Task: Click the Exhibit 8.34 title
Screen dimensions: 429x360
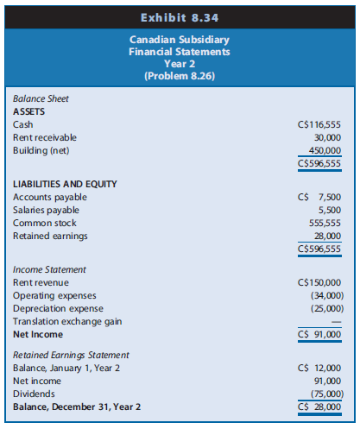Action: click(x=180, y=16)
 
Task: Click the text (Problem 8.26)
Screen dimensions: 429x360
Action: click(x=180, y=75)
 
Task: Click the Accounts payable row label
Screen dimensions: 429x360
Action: click(x=50, y=198)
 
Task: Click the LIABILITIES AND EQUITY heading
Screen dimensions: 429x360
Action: click(x=66, y=185)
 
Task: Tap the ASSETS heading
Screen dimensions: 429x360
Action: click(x=29, y=111)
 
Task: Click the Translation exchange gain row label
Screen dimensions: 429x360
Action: click(x=67, y=320)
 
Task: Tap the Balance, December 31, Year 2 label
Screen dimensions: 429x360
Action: click(x=77, y=406)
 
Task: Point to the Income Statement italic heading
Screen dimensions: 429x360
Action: click(x=48, y=270)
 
